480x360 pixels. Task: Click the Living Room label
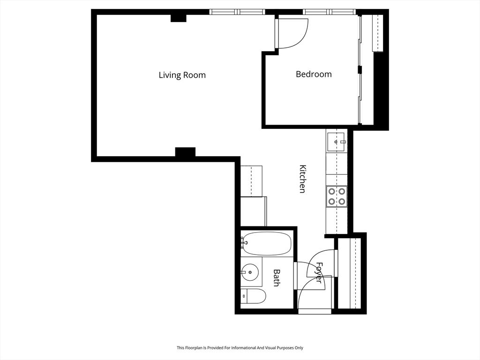pyautogui.click(x=182, y=75)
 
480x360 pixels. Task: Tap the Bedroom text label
pyautogui.click(x=314, y=74)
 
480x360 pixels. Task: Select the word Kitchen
pyautogui.click(x=303, y=179)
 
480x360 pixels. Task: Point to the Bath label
pyautogui.click(x=277, y=277)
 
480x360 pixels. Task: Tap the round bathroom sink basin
pyautogui.click(x=251, y=271)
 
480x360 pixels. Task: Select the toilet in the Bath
pyautogui.click(x=255, y=296)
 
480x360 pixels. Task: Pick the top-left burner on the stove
pyautogui.click(x=332, y=191)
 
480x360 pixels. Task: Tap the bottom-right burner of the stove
pyautogui.click(x=342, y=202)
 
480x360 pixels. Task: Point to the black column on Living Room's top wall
pyautogui.click(x=178, y=18)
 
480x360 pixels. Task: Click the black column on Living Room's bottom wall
pyautogui.click(x=185, y=152)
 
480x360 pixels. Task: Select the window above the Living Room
pyautogui.click(x=237, y=12)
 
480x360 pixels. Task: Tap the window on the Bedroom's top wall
pyautogui.click(x=330, y=12)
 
